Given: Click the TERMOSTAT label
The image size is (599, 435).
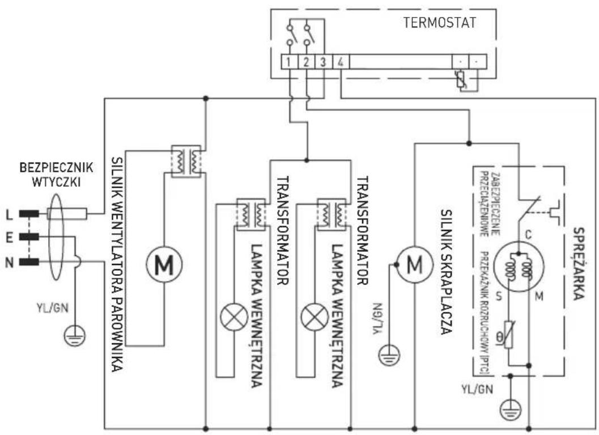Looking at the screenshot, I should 440,24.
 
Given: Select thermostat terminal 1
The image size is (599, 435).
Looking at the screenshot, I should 289,61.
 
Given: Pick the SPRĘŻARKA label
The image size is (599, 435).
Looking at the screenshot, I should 579,263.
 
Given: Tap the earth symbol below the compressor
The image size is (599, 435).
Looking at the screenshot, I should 512,407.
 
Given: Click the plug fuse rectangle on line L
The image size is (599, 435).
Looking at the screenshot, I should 67,214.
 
